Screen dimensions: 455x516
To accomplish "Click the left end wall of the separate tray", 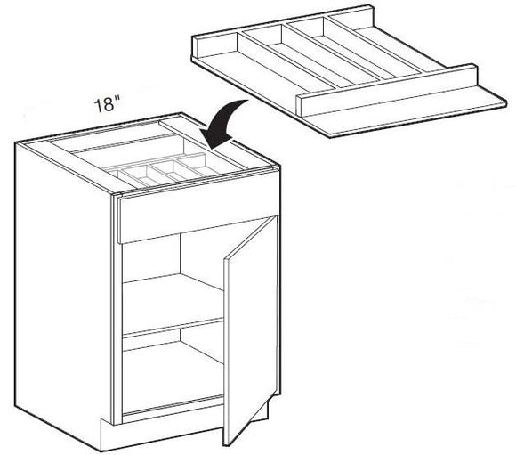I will [199, 48].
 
